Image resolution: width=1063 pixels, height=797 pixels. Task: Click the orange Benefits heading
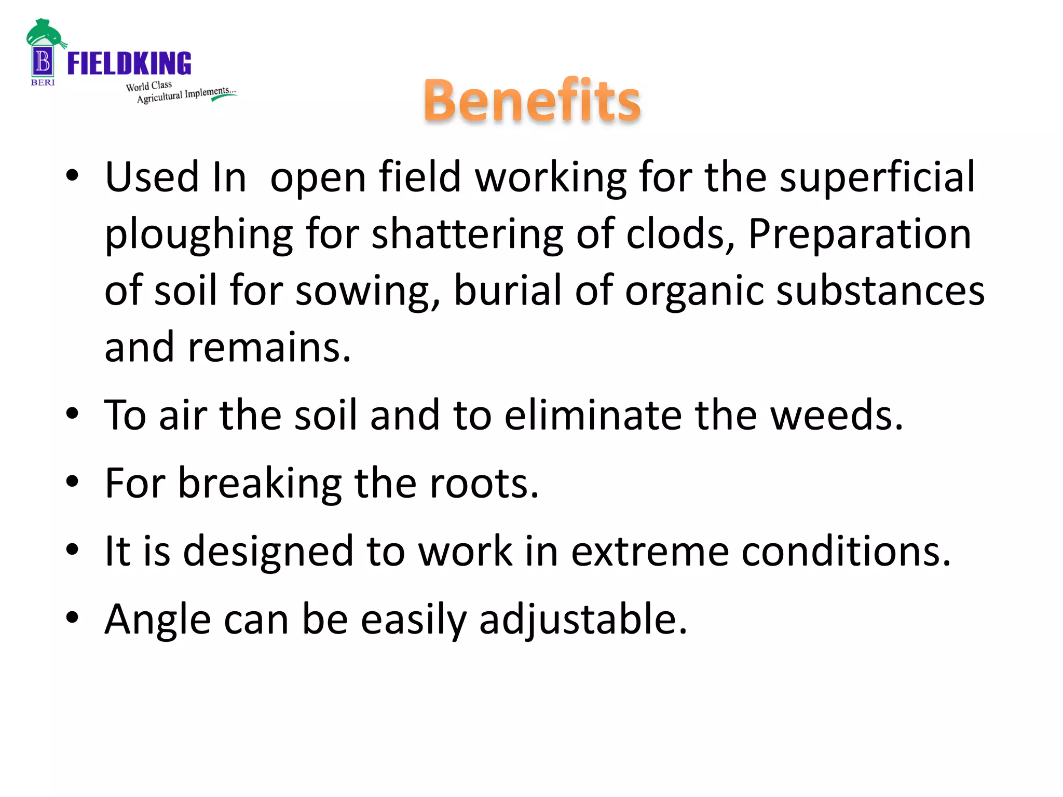point(532,100)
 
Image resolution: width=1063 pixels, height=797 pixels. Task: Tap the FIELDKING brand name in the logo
point(129,63)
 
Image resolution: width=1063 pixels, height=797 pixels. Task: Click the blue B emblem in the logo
point(43,62)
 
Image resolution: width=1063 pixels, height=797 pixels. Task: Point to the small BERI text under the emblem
point(43,83)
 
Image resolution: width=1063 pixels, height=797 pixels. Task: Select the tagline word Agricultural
point(159,98)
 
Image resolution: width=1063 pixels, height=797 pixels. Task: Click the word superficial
point(877,177)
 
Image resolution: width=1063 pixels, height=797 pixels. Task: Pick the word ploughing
point(199,235)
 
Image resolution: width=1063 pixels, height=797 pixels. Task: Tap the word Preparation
point(860,233)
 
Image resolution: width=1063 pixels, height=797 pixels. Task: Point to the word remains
point(269,347)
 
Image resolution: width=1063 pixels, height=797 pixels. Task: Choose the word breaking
point(260,484)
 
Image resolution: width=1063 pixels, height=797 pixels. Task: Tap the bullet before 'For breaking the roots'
point(72,482)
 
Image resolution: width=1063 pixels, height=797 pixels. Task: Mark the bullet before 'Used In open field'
point(72,175)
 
